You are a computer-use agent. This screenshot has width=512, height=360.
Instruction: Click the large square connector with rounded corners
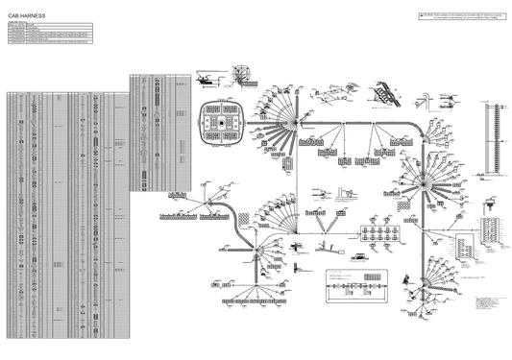(221, 124)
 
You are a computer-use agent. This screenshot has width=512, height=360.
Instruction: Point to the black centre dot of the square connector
(221, 124)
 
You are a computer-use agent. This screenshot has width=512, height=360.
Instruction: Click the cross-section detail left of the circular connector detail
(213, 77)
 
